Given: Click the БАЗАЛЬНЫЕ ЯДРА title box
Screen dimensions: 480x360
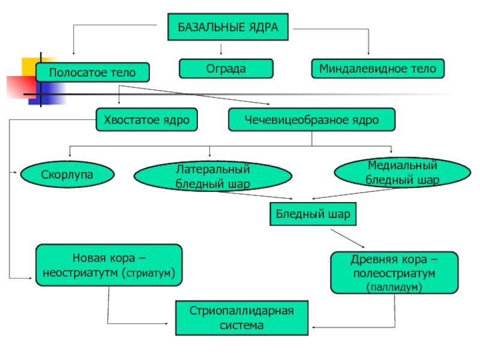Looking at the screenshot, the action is [x=228, y=27].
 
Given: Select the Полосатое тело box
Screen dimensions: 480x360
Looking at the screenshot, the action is [x=92, y=72].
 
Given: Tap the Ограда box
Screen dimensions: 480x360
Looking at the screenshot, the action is [x=226, y=68].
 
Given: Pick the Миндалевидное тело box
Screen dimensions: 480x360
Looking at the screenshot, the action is [x=378, y=68].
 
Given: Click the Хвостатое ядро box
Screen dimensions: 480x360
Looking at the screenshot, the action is [x=146, y=119].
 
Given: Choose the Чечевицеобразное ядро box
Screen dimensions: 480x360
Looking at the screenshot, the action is [x=311, y=119].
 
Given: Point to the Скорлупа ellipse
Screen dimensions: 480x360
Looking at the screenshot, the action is [x=67, y=174].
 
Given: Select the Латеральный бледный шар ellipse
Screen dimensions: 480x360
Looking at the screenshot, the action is [x=213, y=176].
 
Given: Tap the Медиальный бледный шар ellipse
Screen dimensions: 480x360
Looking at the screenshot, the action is [x=402, y=172].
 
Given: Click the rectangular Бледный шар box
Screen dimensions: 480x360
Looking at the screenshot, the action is [x=313, y=214].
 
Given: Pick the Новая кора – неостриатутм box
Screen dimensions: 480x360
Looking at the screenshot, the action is [x=109, y=265].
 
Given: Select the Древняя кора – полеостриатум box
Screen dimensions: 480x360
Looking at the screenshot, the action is [x=394, y=272].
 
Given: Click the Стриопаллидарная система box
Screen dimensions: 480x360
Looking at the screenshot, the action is [x=242, y=318].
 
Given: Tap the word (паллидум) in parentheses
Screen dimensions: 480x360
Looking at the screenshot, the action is [x=394, y=287].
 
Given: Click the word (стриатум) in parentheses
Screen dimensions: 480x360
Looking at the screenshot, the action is [x=148, y=273].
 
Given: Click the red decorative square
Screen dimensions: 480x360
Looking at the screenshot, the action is [x=21, y=87].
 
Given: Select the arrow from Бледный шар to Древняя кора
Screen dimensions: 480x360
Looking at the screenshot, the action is [x=347, y=238].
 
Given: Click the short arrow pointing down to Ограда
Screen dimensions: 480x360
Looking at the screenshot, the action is [x=221, y=49].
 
